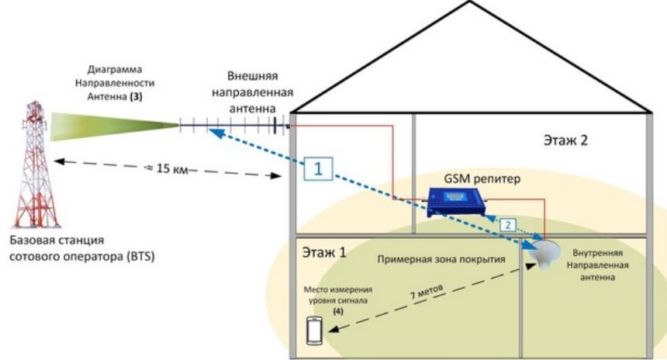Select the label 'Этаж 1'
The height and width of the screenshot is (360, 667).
[324, 253]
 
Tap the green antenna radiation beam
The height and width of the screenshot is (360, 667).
[109, 125]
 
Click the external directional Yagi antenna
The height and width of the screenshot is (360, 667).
[233, 125]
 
